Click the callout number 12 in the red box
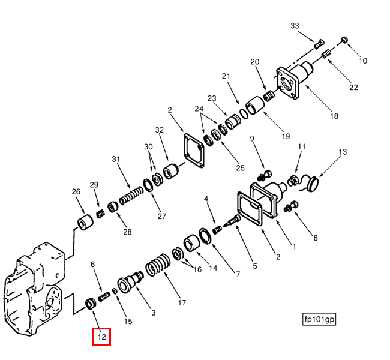(102, 337)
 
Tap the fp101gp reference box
(319, 319)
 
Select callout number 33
(295, 26)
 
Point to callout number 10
(363, 61)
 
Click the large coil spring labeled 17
(158, 265)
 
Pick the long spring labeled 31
(131, 196)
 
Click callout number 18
(334, 116)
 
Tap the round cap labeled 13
(313, 184)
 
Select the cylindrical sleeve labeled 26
(85, 221)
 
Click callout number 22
(353, 88)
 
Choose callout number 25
(240, 168)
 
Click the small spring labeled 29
(100, 214)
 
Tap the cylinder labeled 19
(255, 106)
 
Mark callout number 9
(252, 139)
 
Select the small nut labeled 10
(344, 40)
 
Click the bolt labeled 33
(319, 44)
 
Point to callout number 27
(161, 216)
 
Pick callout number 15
(128, 322)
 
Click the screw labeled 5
(232, 221)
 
